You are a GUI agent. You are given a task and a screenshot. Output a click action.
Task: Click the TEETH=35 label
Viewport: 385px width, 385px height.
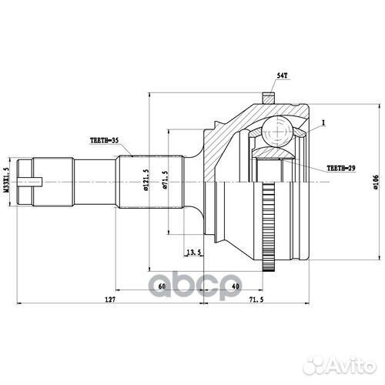[x=105, y=142]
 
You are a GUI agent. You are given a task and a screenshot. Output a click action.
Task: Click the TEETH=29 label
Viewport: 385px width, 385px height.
[x=343, y=166]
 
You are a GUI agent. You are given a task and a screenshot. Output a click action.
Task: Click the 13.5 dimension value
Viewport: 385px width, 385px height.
[x=193, y=251]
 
